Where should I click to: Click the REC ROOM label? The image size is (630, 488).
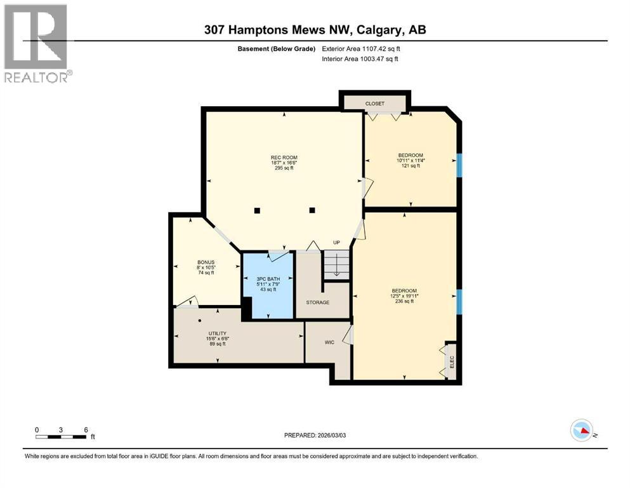[284, 158]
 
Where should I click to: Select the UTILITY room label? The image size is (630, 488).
[218, 334]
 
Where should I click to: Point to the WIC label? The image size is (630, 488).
[329, 342]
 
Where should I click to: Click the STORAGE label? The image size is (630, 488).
[317, 302]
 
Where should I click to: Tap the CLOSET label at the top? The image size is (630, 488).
[374, 104]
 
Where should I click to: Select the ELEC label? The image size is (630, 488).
[452, 362]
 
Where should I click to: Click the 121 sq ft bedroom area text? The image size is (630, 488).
[410, 166]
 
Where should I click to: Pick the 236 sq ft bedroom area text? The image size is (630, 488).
[404, 301]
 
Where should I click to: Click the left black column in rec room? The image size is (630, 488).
[256, 210]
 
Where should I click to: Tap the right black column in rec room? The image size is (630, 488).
[312, 210]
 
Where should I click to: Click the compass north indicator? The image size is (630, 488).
[582, 430]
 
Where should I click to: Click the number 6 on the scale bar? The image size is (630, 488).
[86, 430]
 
